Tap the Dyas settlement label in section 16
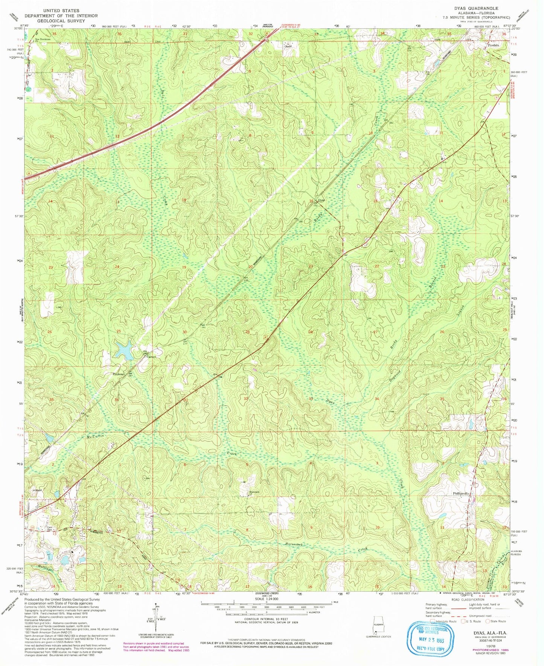[x=321, y=200]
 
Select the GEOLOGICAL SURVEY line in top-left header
[x=61, y=21]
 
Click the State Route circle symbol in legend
[x=489, y=621]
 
